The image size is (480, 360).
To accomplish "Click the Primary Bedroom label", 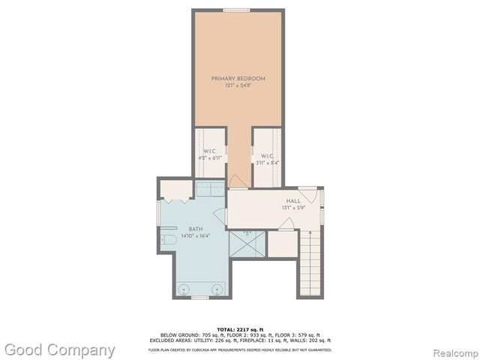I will point(238,78).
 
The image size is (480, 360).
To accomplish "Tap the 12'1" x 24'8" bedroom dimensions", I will point(238,85).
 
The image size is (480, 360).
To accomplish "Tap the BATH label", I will point(195,229).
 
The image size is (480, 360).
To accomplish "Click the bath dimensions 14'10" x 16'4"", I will point(195,235).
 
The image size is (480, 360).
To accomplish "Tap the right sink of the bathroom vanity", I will point(217,287).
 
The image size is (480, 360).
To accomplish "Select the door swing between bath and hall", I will point(220,216).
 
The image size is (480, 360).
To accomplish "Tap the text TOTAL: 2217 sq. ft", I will point(239,329).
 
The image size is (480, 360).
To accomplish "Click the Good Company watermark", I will point(59,349).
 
